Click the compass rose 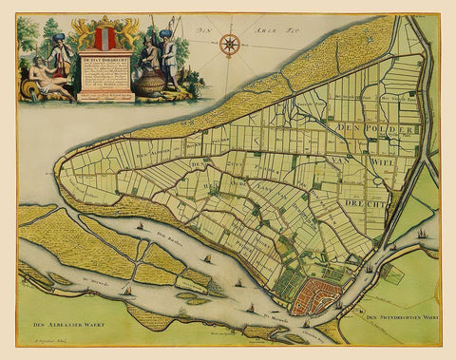(228, 43)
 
